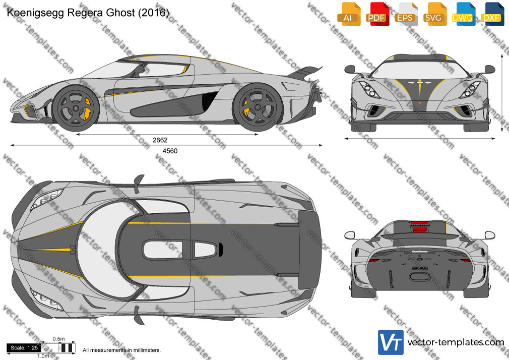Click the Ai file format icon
pyautogui.click(x=348, y=14)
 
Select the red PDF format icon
pyautogui.click(x=377, y=14)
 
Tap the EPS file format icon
pyautogui.click(x=406, y=14)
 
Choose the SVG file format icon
pyautogui.click(x=434, y=14)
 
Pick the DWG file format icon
pyautogui.click(x=464, y=14)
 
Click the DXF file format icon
pyautogui.click(x=492, y=14)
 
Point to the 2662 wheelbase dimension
pyautogui.click(x=160, y=140)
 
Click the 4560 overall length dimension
pyautogui.click(x=170, y=151)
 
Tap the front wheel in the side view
pyautogui.click(x=76, y=108)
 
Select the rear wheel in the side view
pyautogui.click(x=258, y=107)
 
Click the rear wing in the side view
pyautogui.click(x=304, y=72)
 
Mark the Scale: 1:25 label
pyautogui.click(x=24, y=348)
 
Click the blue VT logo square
pyautogui.click(x=391, y=342)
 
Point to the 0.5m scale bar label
pyautogui.click(x=59, y=339)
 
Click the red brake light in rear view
pyautogui.click(x=419, y=227)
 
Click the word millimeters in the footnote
pyautogui.click(x=147, y=350)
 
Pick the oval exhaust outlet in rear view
pyautogui.click(x=419, y=276)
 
